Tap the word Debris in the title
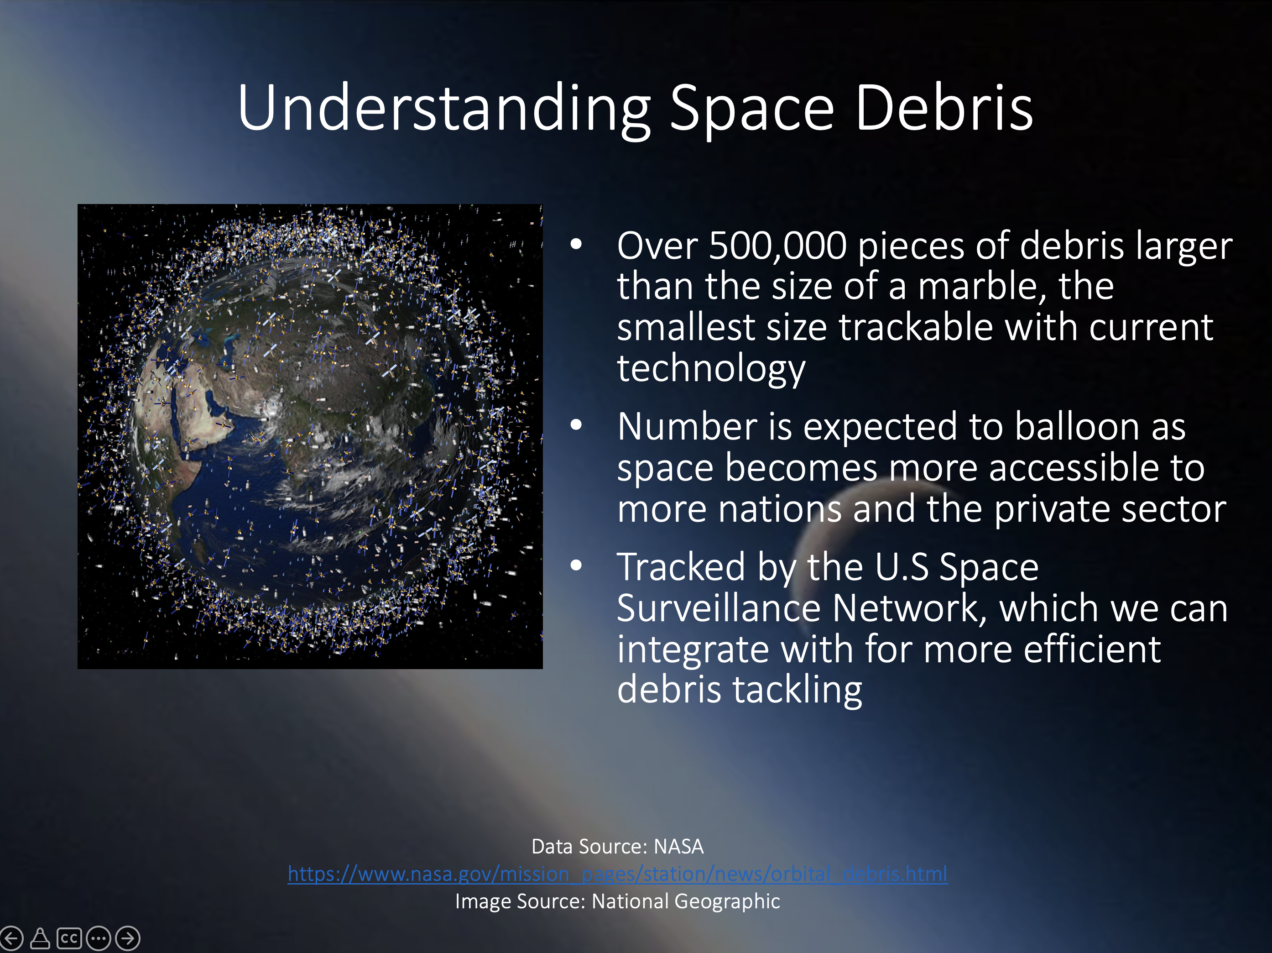click(x=944, y=108)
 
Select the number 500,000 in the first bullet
click(x=777, y=246)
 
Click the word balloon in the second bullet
click(x=1076, y=426)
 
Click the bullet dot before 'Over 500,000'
click(x=576, y=245)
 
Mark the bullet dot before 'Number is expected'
click(x=576, y=425)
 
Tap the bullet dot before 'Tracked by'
click(x=576, y=566)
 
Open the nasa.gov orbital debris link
click(x=618, y=874)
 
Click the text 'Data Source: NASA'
click(x=618, y=847)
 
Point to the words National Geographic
click(x=685, y=901)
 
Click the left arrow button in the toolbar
click(x=11, y=938)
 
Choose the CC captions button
click(x=69, y=938)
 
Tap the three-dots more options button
click(x=99, y=938)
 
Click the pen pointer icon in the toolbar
click(x=40, y=938)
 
